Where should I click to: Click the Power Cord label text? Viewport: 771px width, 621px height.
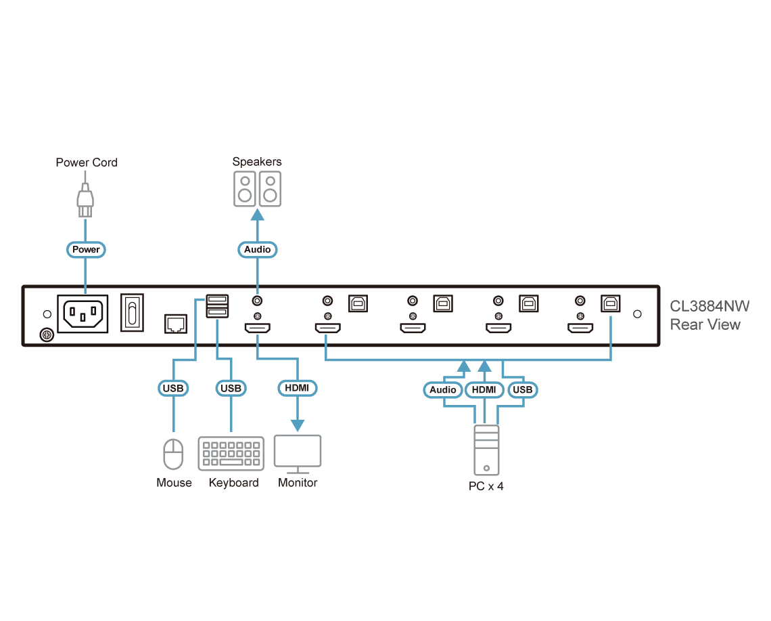coord(87,163)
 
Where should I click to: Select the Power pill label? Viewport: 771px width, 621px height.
coord(86,250)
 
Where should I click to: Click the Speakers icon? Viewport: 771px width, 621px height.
coord(257,189)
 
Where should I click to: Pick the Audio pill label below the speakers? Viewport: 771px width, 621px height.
coord(257,250)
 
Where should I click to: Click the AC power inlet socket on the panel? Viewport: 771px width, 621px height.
coord(83,314)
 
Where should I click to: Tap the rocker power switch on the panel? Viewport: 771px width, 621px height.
coord(132,313)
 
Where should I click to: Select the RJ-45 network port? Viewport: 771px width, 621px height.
coord(176,324)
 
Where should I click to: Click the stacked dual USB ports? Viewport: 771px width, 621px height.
coord(217,306)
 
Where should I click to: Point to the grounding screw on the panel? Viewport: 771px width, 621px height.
coord(47,335)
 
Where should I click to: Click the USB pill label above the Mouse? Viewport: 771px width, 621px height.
coord(173,389)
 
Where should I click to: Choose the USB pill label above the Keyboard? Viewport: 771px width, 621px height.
coord(231,389)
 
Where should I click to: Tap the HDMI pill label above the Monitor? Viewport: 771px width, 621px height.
coord(297,388)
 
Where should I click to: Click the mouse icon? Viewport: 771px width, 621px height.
coord(173,454)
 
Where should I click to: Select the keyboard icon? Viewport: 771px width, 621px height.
coord(231,454)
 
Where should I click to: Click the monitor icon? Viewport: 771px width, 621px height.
coord(298,454)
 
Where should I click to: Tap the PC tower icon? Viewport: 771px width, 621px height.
coord(486,450)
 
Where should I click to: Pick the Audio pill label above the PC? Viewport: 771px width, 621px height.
coord(443,390)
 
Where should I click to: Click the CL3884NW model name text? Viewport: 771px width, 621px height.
coord(709,306)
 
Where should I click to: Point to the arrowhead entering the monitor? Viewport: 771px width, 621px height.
coord(298,425)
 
